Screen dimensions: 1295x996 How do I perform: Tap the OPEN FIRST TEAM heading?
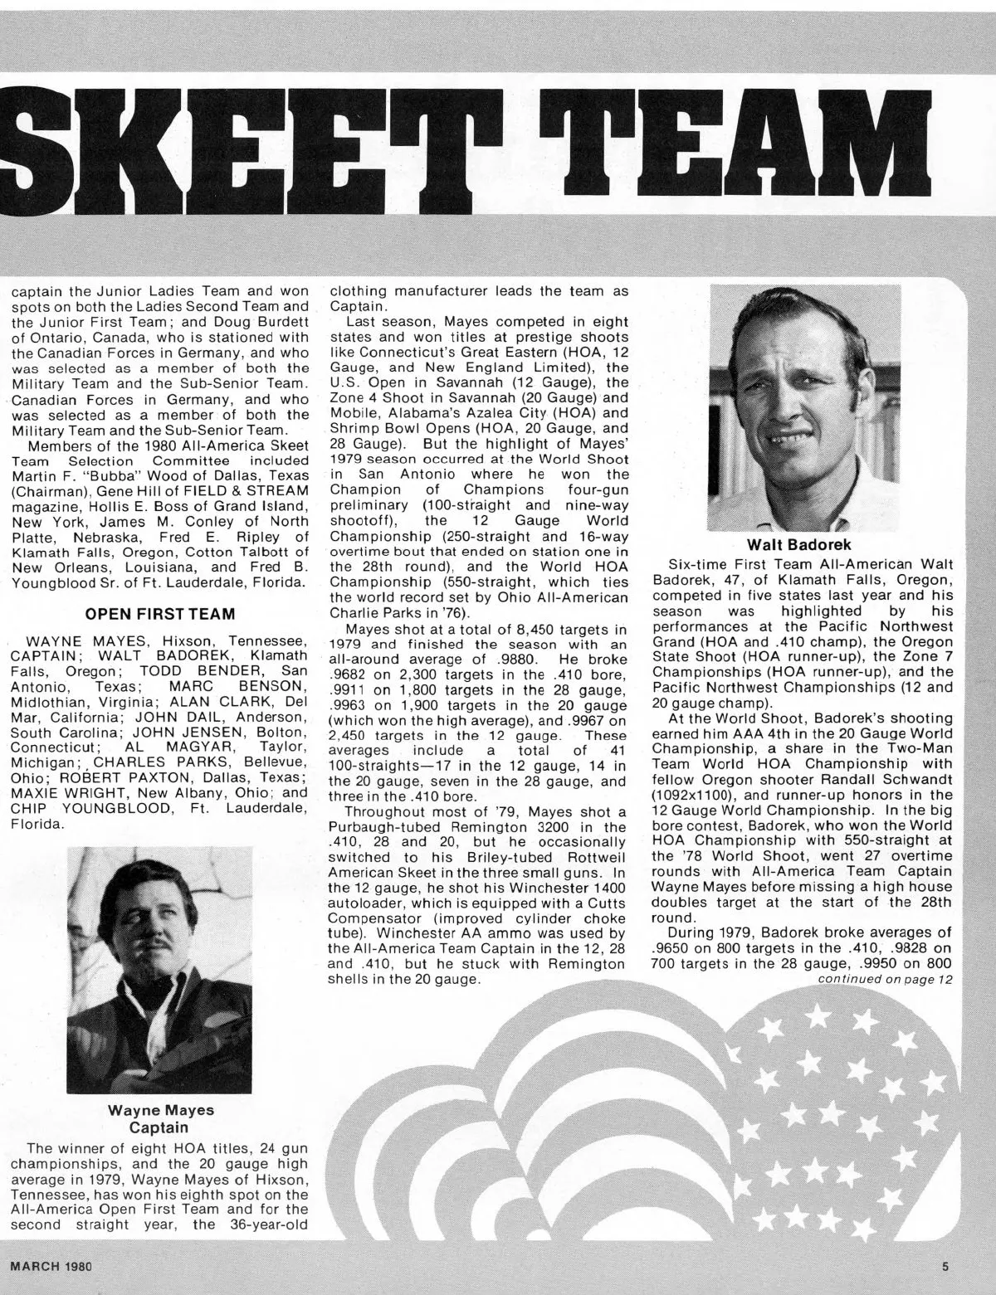[160, 614]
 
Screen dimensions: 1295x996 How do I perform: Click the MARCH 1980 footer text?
[50, 1266]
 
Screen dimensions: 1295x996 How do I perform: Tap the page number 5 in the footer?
[945, 1266]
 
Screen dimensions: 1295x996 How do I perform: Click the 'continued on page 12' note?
[886, 980]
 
